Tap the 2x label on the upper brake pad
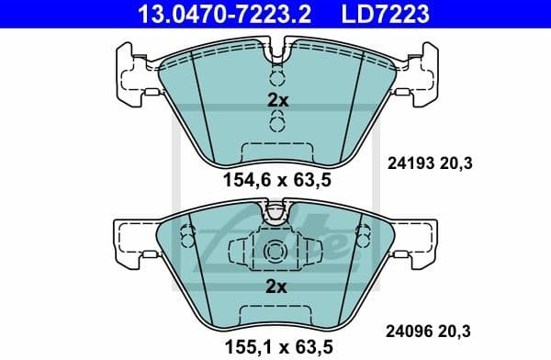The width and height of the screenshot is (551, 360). tap(276, 101)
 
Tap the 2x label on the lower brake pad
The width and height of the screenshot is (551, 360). tap(276, 287)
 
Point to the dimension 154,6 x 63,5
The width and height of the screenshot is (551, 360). tap(276, 181)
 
